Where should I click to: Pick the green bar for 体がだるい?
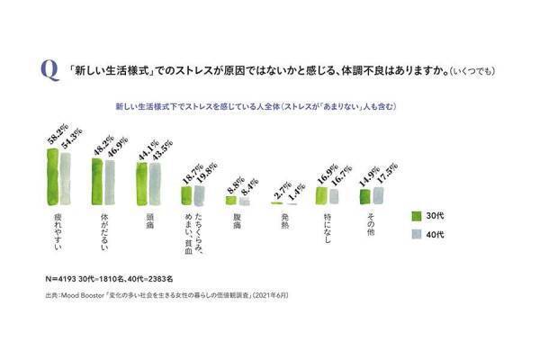(x=96, y=184)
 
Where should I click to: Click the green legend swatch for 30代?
(x=417, y=216)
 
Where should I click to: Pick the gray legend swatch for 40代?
(x=417, y=234)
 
